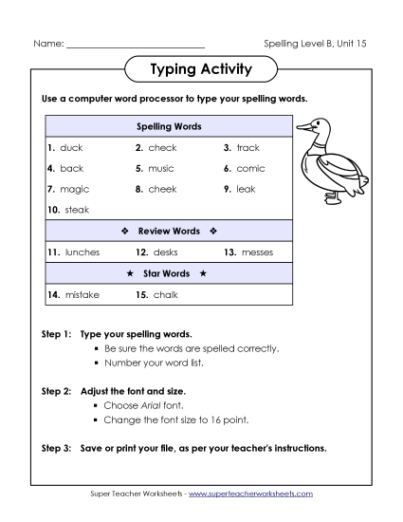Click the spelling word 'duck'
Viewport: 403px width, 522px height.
click(71, 148)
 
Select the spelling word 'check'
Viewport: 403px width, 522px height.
click(162, 148)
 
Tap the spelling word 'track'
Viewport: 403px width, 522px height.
click(247, 148)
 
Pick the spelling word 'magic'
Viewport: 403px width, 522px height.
click(74, 190)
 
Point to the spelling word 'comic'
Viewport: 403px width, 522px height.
click(250, 169)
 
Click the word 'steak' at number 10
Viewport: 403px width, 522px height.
click(77, 210)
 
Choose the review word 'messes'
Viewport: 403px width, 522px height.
click(257, 252)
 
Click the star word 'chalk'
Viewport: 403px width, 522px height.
click(165, 295)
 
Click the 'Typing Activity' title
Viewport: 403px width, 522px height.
click(201, 69)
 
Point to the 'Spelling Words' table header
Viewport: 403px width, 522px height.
click(169, 126)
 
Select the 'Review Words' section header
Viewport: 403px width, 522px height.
click(169, 231)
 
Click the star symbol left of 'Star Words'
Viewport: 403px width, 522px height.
click(130, 273)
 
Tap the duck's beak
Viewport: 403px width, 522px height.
click(302, 124)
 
